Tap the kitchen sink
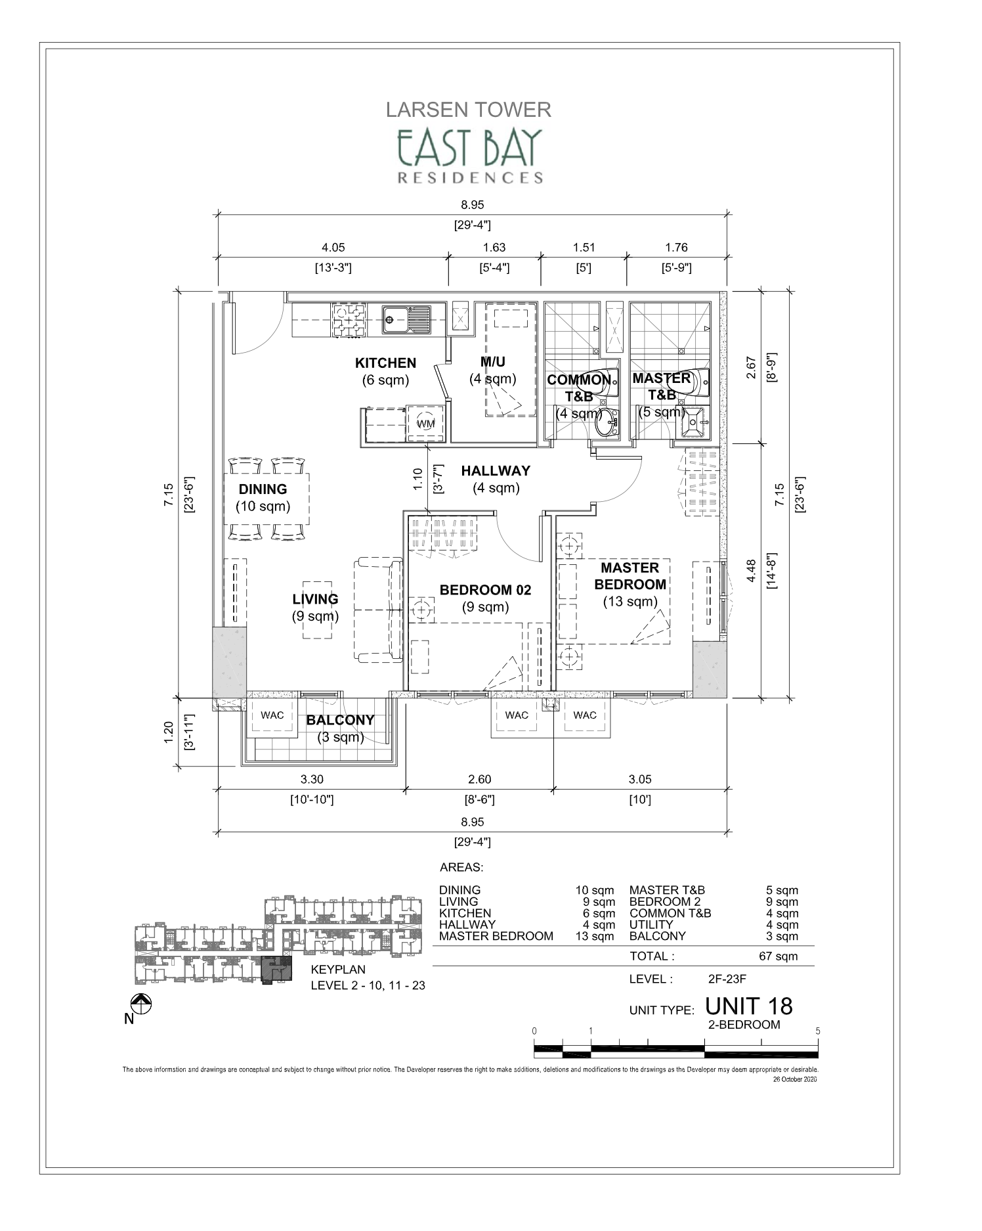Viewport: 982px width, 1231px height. click(407, 320)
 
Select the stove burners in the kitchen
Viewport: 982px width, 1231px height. click(349, 320)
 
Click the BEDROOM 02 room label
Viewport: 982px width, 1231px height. click(485, 590)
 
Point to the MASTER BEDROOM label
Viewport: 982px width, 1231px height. click(630, 575)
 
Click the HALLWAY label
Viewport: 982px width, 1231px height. click(495, 471)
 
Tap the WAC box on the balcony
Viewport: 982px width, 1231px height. click(272, 715)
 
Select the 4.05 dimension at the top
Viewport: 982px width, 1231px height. click(333, 248)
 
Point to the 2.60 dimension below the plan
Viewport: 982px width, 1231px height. click(479, 779)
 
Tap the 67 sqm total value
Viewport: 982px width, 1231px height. click(778, 956)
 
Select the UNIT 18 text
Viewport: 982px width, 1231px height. click(749, 1006)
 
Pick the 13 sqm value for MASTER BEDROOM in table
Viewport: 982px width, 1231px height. click(594, 936)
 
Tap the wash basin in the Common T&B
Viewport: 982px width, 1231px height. click(607, 425)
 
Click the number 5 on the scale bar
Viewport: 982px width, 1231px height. click(817, 1031)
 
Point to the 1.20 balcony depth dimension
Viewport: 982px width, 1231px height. click(167, 732)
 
